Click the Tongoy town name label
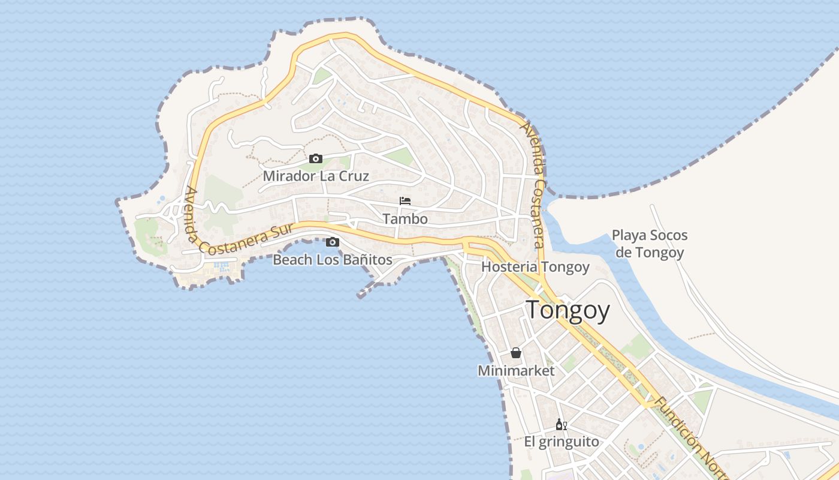click(x=568, y=311)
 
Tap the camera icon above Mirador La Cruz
click(x=316, y=159)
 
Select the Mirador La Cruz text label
click(x=316, y=176)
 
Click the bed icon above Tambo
click(x=405, y=201)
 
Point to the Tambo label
click(x=405, y=218)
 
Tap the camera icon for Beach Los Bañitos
click(x=333, y=242)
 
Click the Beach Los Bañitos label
click(x=333, y=260)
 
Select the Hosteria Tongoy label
click(x=535, y=266)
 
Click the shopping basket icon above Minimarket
click(x=516, y=353)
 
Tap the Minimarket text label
click(x=516, y=371)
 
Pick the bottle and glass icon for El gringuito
click(x=562, y=425)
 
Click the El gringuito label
click(x=562, y=442)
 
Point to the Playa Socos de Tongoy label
click(x=650, y=244)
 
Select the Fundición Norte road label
click(x=689, y=436)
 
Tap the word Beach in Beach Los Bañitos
click(x=292, y=260)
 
